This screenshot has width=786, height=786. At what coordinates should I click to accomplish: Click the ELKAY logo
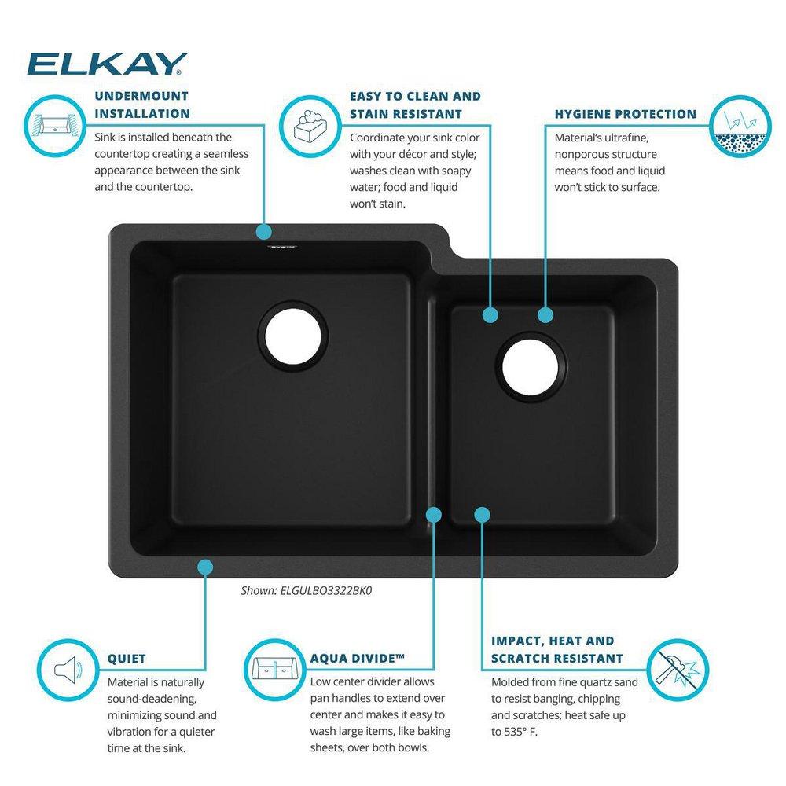coord(107,64)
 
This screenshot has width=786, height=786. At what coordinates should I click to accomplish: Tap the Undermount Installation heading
coord(141,105)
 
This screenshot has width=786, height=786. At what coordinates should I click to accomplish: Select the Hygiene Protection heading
coord(625,114)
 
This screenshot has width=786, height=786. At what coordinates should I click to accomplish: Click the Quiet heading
coord(127,659)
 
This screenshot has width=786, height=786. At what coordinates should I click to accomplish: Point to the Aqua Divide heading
coord(357,659)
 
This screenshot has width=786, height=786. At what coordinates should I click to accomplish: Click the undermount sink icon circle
coord(56,124)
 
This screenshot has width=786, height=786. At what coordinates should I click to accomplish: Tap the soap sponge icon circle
coord(309,124)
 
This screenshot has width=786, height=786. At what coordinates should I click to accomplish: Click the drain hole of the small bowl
coord(531,365)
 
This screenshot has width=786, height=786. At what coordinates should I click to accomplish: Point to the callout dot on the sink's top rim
coord(263,231)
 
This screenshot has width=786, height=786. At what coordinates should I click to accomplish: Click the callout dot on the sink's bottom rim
coord(205,566)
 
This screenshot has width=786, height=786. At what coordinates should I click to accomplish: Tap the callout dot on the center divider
coord(433,514)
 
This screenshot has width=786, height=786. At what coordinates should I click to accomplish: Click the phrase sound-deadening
coord(152,699)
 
